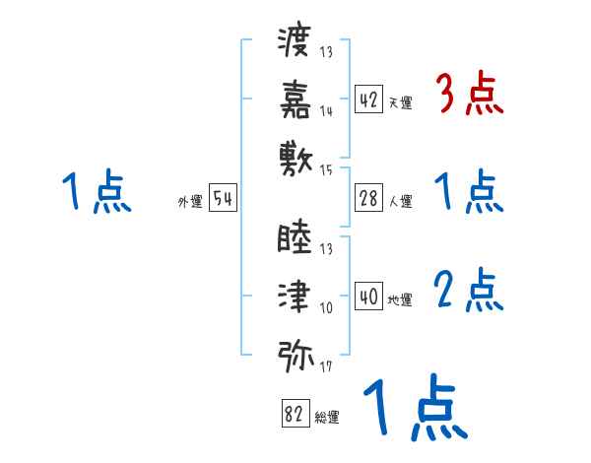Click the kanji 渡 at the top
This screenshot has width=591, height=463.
[x=295, y=42]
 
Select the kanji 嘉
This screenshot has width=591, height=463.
[x=295, y=99]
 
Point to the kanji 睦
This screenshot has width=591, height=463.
[x=295, y=238]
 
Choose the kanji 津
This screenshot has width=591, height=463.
[x=295, y=295]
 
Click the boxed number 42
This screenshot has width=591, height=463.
[x=369, y=99]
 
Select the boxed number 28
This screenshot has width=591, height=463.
[x=369, y=198]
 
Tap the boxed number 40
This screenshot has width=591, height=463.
[x=369, y=297]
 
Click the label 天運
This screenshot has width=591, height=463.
[x=400, y=102]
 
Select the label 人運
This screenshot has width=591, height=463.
[x=400, y=202]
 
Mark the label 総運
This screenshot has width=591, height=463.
[x=327, y=419]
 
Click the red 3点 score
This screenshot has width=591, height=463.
[x=470, y=96]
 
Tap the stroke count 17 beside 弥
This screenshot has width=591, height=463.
[x=326, y=369]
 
